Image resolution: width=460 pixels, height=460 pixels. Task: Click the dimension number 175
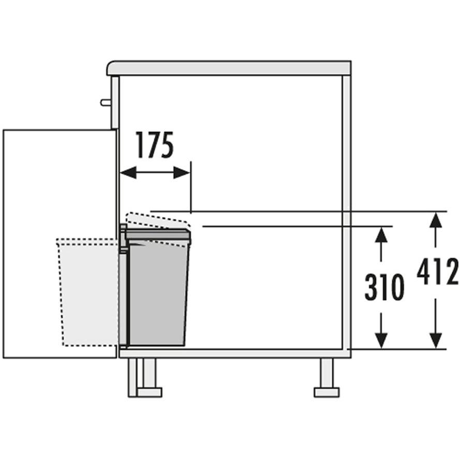click(155, 145)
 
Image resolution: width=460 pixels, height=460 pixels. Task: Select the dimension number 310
click(384, 287)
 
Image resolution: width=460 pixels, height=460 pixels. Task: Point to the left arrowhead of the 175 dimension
click(128, 172)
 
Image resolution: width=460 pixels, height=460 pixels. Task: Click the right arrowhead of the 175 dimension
click(182, 172)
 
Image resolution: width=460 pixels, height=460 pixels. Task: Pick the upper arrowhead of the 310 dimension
click(381, 235)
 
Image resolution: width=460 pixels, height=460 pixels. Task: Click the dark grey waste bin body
click(158, 293)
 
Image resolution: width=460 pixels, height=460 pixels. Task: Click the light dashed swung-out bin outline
click(88, 292)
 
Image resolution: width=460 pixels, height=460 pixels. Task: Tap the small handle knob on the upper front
click(106, 102)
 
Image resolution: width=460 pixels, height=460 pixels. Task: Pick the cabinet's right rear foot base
click(327, 392)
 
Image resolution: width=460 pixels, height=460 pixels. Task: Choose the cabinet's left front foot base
click(150, 392)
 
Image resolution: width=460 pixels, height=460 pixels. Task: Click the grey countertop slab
click(229, 68)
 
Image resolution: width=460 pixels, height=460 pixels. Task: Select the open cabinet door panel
click(60, 244)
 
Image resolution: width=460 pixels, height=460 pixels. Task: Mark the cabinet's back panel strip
click(347, 213)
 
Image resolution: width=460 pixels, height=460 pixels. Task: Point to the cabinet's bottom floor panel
click(235, 353)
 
